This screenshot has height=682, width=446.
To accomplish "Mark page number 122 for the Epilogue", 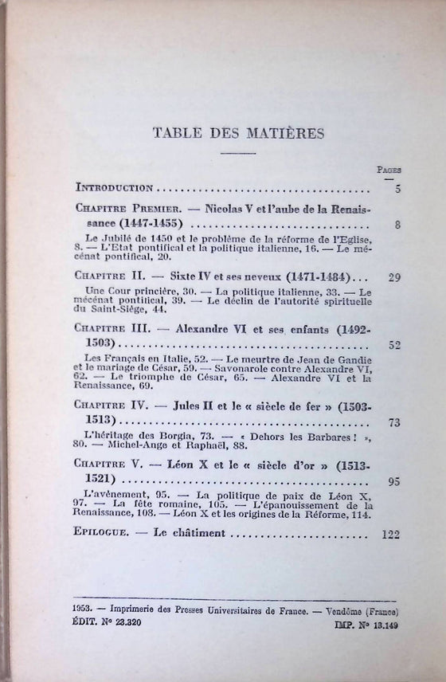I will (x=390, y=535).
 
